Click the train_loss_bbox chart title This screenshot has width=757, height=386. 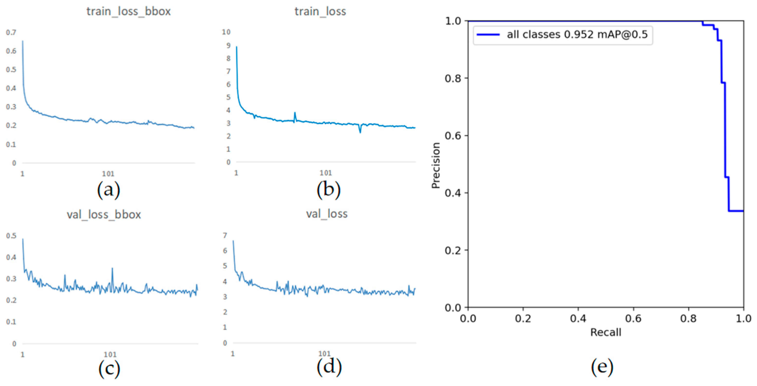(x=128, y=11)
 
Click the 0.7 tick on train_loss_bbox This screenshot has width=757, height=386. (x=11, y=32)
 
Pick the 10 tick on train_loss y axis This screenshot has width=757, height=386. (x=226, y=32)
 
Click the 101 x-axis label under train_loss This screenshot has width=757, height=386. (x=326, y=173)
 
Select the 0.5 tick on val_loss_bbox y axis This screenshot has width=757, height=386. (x=11, y=236)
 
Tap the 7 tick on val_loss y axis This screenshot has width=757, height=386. (x=225, y=235)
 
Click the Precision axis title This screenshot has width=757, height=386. (x=435, y=165)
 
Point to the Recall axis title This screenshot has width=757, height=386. (x=606, y=332)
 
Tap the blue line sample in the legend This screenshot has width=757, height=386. (x=488, y=35)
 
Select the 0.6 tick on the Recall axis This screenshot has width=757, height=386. (x=633, y=319)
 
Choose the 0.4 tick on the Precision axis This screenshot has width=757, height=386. (x=453, y=193)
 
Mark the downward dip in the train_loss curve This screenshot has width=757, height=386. (x=360, y=132)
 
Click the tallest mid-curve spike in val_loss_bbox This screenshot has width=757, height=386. (x=112, y=269)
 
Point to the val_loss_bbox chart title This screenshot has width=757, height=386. (x=104, y=215)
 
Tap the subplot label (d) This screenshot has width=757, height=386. (x=329, y=367)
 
